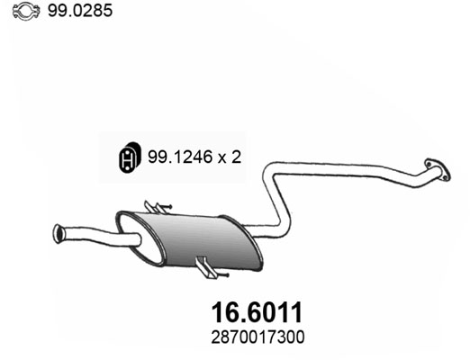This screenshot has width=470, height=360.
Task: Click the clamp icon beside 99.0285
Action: [x=26, y=11]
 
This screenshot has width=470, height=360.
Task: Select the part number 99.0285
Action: [x=80, y=11]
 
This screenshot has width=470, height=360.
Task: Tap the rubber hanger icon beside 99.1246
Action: [x=129, y=157]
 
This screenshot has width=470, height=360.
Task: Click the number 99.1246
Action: [x=180, y=157]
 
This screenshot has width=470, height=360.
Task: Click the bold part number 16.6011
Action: [x=257, y=312]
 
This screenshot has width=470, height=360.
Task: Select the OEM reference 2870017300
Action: [x=258, y=337]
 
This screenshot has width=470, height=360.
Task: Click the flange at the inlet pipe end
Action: [x=438, y=170]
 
